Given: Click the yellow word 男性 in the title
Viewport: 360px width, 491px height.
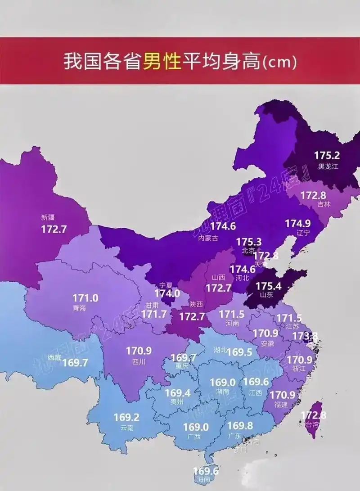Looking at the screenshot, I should [162, 62].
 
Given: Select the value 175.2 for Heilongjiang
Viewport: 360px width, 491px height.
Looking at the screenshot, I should [327, 156].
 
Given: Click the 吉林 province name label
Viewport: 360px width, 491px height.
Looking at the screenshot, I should [324, 204].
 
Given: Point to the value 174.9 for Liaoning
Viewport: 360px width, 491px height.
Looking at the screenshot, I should [297, 223].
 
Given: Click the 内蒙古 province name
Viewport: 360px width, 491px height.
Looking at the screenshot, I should [208, 239].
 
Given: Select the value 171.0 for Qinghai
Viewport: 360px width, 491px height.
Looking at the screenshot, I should [85, 298].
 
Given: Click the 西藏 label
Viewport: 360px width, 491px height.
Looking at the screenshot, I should [54, 356].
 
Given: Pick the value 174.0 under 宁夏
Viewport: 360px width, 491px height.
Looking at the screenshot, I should [167, 293].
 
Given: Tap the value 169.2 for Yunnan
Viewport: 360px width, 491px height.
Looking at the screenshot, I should [126, 417].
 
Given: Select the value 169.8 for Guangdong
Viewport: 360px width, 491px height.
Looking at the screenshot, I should [240, 425].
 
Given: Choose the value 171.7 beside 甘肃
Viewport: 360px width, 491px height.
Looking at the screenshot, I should [154, 314].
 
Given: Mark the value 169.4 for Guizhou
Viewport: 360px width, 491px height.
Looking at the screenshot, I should [178, 393].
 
